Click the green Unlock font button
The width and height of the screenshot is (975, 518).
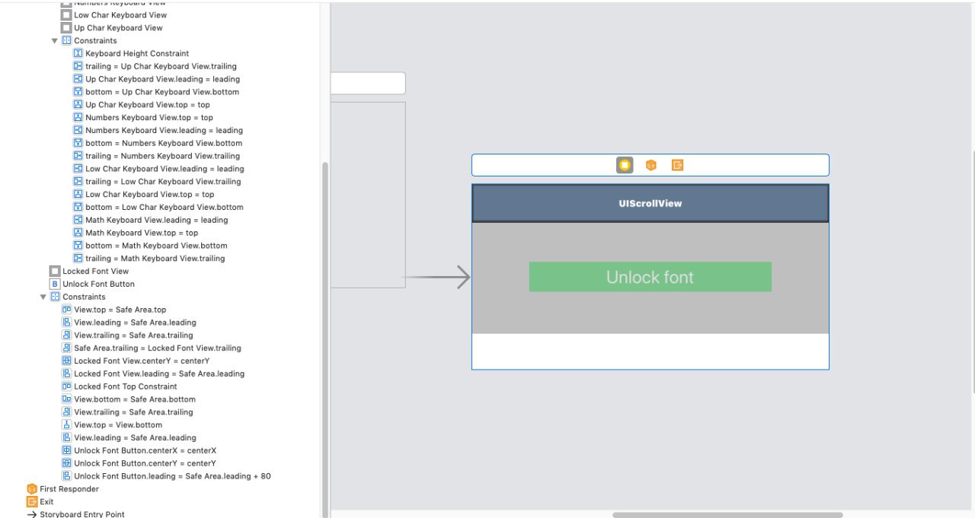(x=651, y=277)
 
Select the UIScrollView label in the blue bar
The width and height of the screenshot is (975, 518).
(x=651, y=203)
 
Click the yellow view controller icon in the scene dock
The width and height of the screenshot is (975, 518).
(x=625, y=165)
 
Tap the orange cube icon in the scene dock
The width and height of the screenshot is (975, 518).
(x=651, y=165)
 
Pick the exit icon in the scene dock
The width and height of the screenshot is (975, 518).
(x=677, y=165)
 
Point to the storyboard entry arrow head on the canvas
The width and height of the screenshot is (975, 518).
(x=463, y=277)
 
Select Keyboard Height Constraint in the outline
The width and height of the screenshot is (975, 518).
(x=136, y=53)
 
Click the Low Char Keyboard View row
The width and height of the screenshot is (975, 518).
(x=120, y=14)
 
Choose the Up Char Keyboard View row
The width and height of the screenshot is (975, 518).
(x=118, y=28)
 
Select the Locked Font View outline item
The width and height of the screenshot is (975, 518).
(x=95, y=271)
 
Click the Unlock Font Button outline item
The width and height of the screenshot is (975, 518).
(x=98, y=284)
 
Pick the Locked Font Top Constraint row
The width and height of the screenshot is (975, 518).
(x=126, y=386)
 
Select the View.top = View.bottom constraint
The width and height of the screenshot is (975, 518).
(x=118, y=424)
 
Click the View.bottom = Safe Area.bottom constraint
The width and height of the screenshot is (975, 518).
(x=135, y=399)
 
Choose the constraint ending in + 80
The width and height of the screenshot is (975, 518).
(x=172, y=476)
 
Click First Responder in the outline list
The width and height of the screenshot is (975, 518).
(x=69, y=489)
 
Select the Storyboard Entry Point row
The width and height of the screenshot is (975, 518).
(x=82, y=514)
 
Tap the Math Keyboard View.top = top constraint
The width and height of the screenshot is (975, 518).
(x=142, y=233)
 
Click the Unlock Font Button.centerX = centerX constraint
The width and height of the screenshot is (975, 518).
(x=145, y=450)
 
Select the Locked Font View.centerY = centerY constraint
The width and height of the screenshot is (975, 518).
(x=142, y=361)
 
